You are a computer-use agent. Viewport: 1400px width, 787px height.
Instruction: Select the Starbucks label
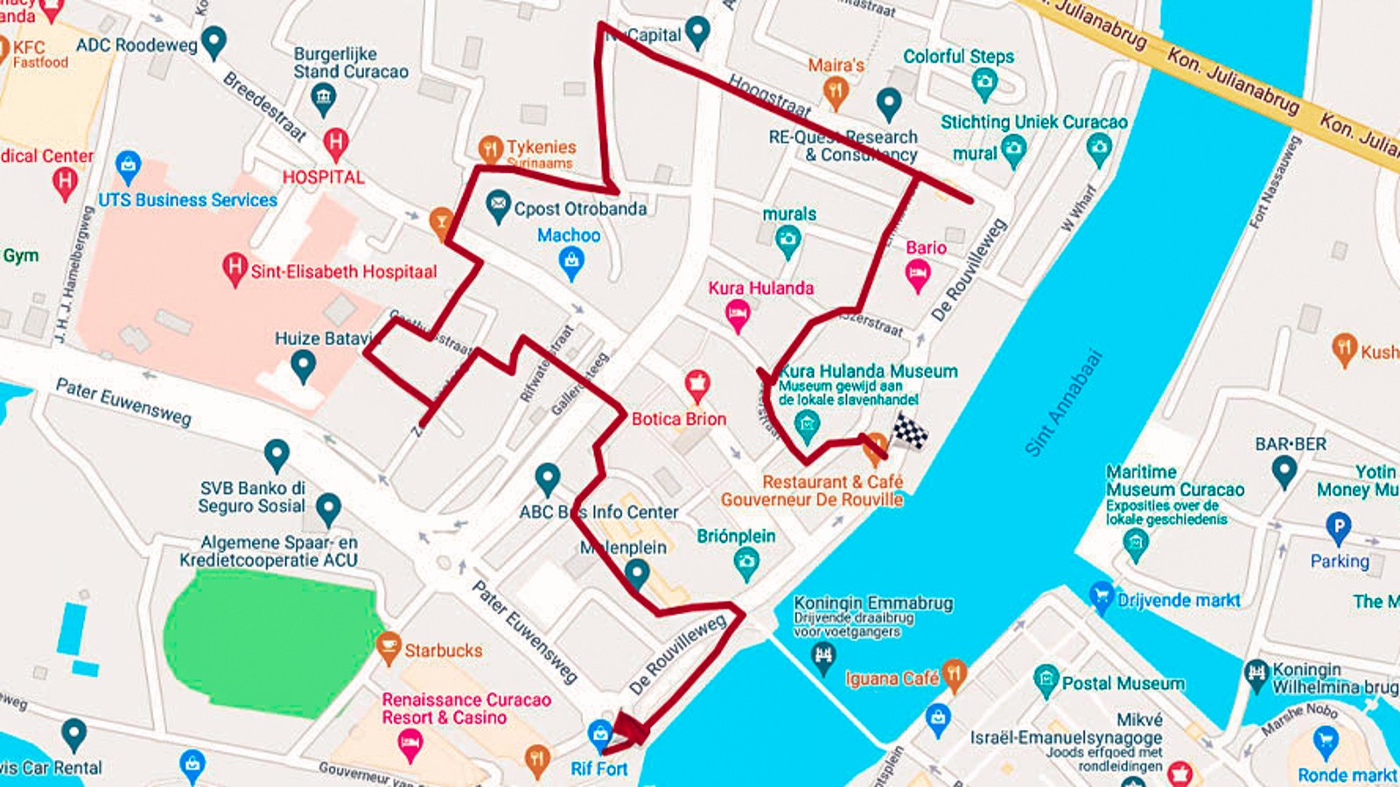click(x=443, y=651)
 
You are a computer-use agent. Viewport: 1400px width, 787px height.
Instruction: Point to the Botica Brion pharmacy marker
click(x=696, y=385)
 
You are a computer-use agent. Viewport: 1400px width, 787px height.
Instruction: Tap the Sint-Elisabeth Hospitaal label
click(x=343, y=272)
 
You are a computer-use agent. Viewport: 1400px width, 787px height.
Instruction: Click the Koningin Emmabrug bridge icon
click(x=822, y=657)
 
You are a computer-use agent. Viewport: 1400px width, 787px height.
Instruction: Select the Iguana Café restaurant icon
click(x=954, y=675)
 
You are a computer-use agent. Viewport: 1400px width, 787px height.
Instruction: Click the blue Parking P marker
click(x=1338, y=527)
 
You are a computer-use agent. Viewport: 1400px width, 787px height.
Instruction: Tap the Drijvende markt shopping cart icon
click(x=1101, y=597)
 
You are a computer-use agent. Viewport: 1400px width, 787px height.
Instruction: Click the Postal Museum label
click(x=1123, y=683)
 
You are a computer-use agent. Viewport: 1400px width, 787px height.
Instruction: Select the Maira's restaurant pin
click(x=836, y=91)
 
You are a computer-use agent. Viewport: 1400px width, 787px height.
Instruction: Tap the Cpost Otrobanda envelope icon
click(x=497, y=205)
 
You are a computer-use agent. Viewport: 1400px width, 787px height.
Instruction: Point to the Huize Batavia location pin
click(x=303, y=365)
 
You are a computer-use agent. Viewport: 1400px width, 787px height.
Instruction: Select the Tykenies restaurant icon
click(x=490, y=148)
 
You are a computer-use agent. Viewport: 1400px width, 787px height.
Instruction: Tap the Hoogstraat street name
click(x=770, y=95)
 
